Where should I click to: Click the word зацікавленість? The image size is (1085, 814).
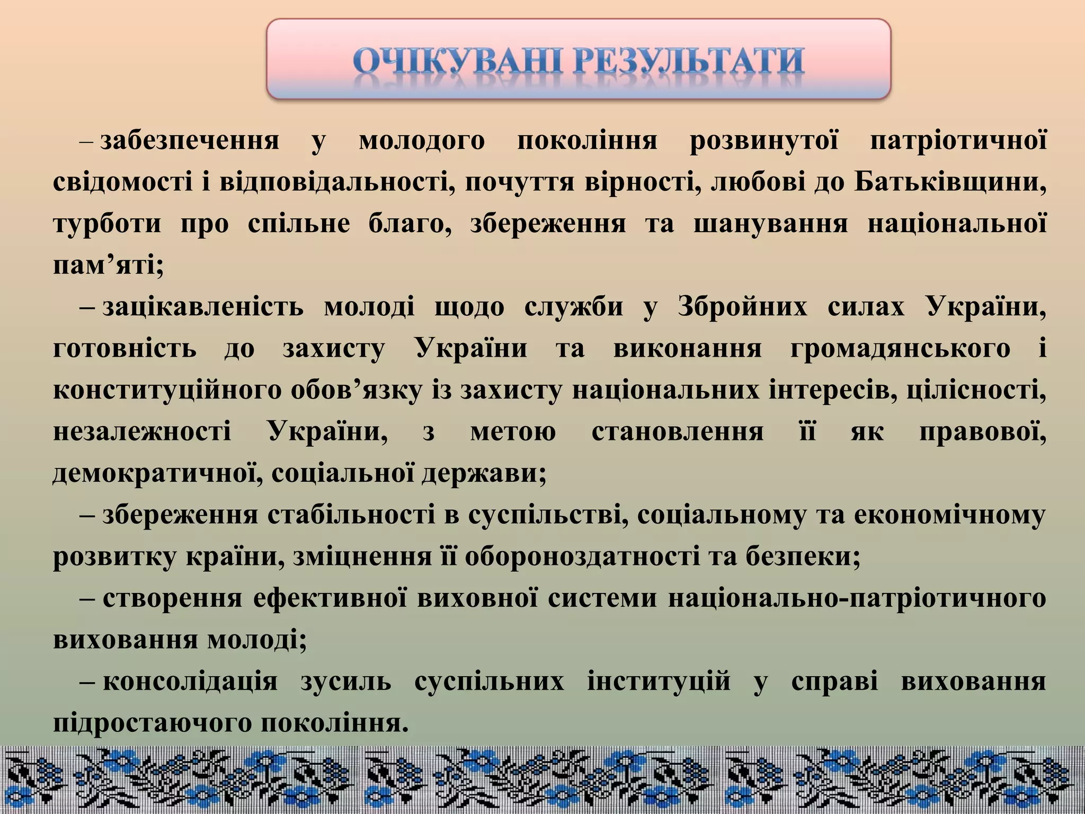202,307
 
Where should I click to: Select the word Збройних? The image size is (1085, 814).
742,307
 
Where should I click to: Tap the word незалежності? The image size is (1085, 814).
142,432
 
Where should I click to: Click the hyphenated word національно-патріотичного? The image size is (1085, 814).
857,598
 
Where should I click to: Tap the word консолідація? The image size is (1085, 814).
190,682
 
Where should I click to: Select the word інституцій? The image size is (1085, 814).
659,682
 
